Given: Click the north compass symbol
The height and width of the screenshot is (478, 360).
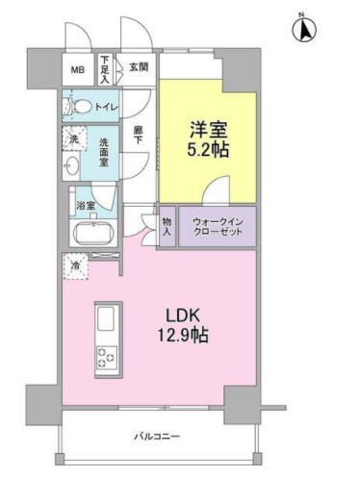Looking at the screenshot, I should click(305, 30).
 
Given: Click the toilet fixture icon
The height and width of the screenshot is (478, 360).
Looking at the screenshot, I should click(80, 107).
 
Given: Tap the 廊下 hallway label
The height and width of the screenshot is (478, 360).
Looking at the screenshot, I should click(138, 135).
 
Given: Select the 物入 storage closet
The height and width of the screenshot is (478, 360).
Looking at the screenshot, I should click(167, 227).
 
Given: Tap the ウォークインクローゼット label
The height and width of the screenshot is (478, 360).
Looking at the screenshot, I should click(218, 227).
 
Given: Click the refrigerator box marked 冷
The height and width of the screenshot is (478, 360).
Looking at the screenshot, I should click(73, 265).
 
